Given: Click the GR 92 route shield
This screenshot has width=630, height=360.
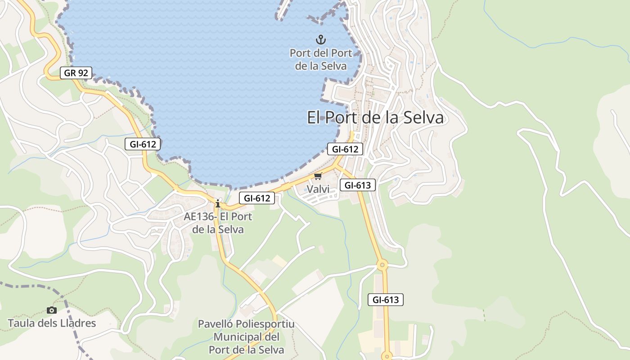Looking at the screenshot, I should (76, 72).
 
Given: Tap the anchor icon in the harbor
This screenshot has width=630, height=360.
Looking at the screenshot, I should (320, 39).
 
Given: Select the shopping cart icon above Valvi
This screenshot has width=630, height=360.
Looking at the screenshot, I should (318, 176).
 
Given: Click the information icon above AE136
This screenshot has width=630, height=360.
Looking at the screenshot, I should (218, 203).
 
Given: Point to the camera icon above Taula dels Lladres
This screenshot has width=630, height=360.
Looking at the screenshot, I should (52, 310).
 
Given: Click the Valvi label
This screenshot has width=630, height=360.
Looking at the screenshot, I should (318, 189).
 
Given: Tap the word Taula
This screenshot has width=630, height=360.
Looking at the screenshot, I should (21, 323).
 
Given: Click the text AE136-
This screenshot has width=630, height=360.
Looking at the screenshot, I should (200, 216).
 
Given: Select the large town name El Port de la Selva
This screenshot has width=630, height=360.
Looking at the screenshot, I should (375, 118).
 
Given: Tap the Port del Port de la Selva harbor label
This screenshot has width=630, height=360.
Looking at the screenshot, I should (321, 59).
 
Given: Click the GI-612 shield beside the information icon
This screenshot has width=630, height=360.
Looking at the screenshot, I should (256, 198).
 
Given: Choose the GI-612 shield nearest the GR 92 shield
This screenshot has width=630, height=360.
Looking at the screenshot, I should (143, 144).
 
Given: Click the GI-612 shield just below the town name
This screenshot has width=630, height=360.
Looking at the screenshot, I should (345, 149).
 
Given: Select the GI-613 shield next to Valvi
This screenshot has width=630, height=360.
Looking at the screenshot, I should (357, 184).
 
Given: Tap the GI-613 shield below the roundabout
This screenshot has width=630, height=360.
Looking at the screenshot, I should (386, 300).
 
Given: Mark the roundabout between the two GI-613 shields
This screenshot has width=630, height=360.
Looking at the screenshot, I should (382, 265).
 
